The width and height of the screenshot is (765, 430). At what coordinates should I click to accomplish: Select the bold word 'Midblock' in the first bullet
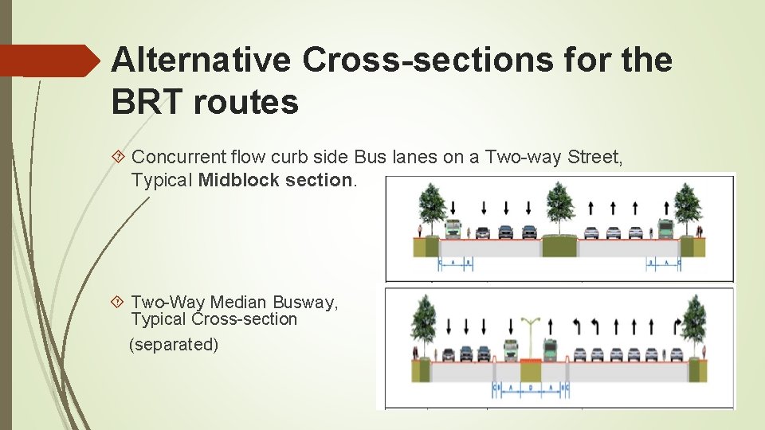pyautogui.click(x=238, y=179)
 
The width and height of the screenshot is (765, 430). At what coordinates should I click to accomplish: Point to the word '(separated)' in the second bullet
pyautogui.click(x=174, y=345)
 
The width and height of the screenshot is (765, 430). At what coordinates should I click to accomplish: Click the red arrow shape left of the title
pyautogui.click(x=48, y=61)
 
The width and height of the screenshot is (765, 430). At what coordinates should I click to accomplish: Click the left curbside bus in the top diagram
pyautogui.click(x=453, y=230)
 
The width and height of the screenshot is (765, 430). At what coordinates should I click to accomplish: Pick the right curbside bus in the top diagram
pyautogui.click(x=665, y=230)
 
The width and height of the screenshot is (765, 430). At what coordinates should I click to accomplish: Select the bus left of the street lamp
pyautogui.click(x=511, y=350)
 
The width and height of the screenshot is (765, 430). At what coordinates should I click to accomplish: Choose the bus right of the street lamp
pyautogui.click(x=550, y=350)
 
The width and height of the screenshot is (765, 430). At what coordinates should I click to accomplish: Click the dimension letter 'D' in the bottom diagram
pyautogui.click(x=530, y=387)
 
